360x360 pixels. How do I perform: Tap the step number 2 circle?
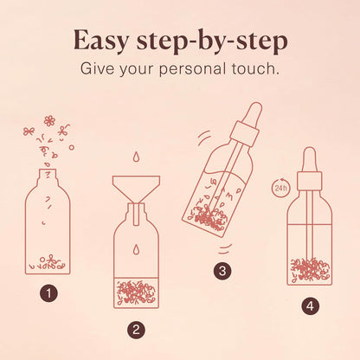136,329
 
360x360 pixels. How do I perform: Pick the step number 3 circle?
223,271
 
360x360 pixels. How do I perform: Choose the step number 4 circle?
309,305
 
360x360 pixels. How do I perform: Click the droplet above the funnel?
137,158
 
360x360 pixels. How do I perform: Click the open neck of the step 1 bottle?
50,174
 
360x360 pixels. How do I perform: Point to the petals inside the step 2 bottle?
137,291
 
